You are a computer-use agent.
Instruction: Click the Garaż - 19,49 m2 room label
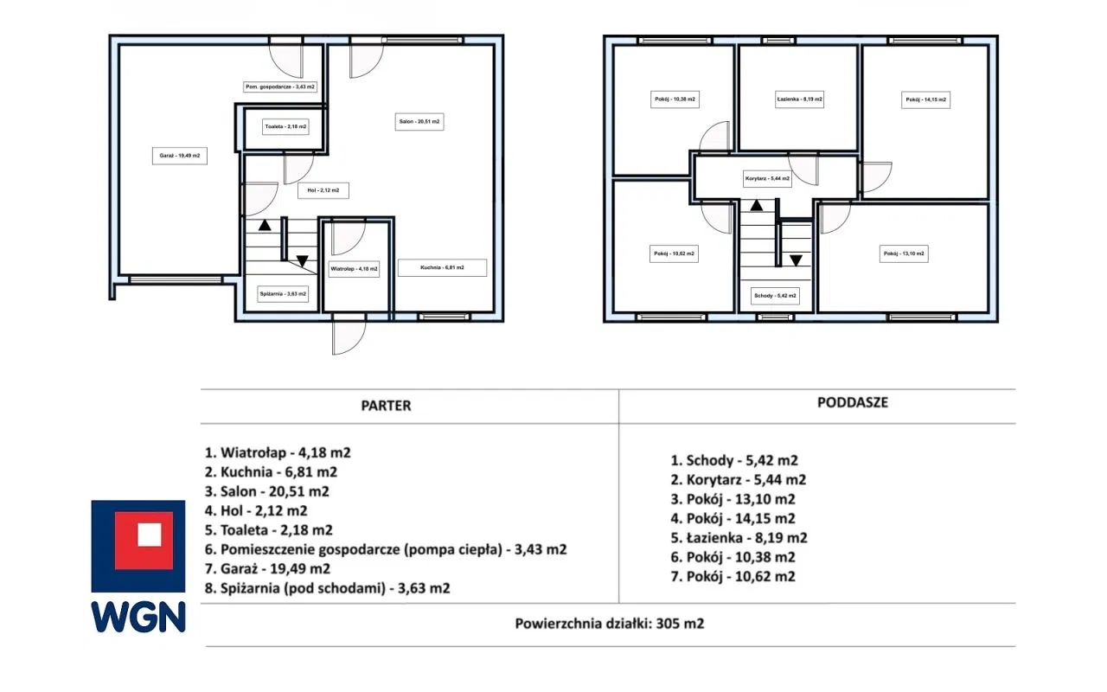point(179,156)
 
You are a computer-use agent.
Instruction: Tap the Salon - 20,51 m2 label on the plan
point(419,122)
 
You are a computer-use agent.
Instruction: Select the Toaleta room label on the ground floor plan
point(285,126)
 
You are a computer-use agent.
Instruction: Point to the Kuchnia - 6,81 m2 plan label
point(442,267)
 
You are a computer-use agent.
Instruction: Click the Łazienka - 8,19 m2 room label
point(799,99)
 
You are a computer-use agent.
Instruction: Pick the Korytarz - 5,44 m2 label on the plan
point(767,178)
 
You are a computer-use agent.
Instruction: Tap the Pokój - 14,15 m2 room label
point(925,99)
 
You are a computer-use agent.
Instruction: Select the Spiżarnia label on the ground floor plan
point(283,294)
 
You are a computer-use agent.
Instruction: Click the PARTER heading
point(386,406)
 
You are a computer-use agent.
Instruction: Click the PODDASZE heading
point(853,402)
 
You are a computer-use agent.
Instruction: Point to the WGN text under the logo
point(138,617)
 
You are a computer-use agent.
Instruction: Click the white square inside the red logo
point(150,535)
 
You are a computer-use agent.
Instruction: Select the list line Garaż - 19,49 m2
point(267,569)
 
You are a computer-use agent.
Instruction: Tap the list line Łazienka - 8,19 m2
point(739,538)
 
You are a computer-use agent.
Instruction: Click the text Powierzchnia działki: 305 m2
point(610,624)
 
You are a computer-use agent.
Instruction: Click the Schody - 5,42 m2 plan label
point(775,296)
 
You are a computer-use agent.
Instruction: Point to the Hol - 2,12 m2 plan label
point(323,190)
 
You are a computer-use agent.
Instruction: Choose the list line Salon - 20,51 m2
point(267,492)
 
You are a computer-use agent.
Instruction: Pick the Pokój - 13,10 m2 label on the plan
point(904,253)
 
